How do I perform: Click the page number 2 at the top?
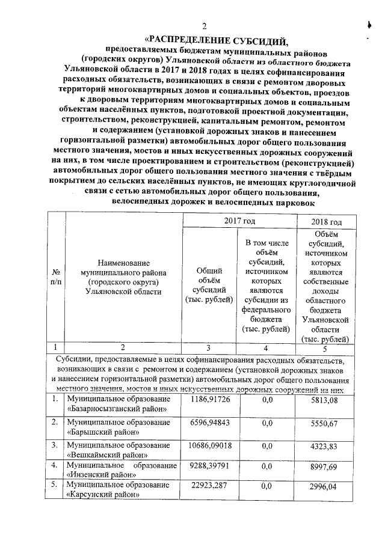[204, 26]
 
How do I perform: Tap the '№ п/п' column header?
[56, 276]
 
